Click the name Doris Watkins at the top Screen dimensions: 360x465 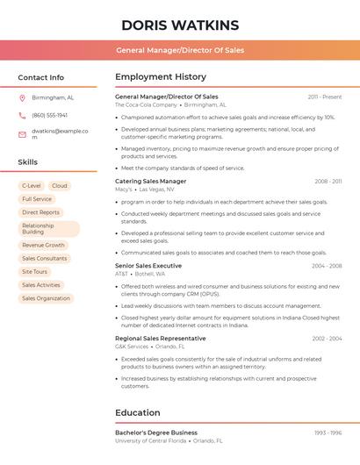click(x=180, y=25)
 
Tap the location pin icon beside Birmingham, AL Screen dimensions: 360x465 click(x=22, y=98)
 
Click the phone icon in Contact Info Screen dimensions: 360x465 click(x=22, y=115)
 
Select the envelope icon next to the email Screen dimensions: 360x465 click(x=22, y=134)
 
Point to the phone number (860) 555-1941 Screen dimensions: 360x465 click(x=49, y=115)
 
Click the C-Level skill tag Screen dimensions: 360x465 click(x=32, y=186)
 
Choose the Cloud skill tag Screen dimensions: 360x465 click(x=60, y=186)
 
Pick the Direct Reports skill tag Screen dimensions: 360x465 click(x=40, y=212)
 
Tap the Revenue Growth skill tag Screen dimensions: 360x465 click(x=43, y=246)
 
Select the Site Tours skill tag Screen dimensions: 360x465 click(x=34, y=272)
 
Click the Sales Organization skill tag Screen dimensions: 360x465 click(x=46, y=298)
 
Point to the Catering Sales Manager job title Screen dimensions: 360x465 click(x=150, y=181)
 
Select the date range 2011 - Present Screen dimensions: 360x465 click(x=325, y=97)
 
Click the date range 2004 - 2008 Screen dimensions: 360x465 click(x=327, y=266)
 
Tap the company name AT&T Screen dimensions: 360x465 click(x=121, y=274)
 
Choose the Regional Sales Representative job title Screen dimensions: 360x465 click(x=160, y=338)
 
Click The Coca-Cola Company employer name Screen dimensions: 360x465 click(x=146, y=104)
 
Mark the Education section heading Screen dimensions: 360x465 click(x=138, y=412)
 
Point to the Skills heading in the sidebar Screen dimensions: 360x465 click(x=28, y=162)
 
